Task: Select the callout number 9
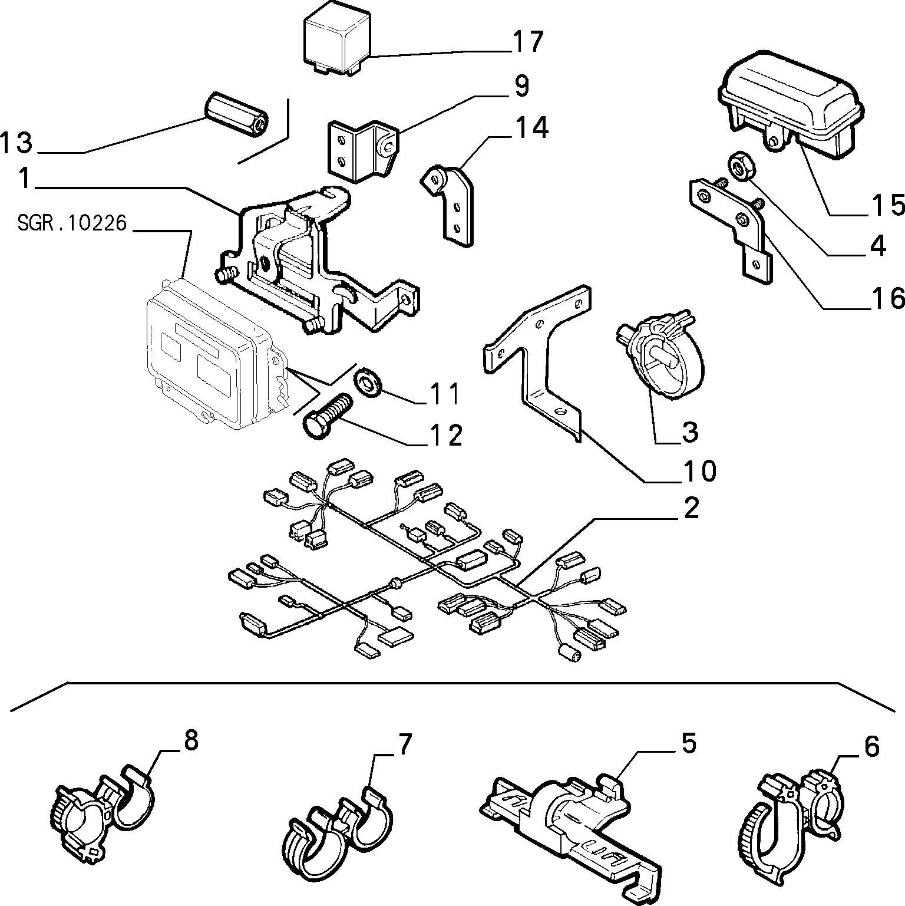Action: point(521,86)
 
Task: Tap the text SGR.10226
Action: point(72,223)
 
